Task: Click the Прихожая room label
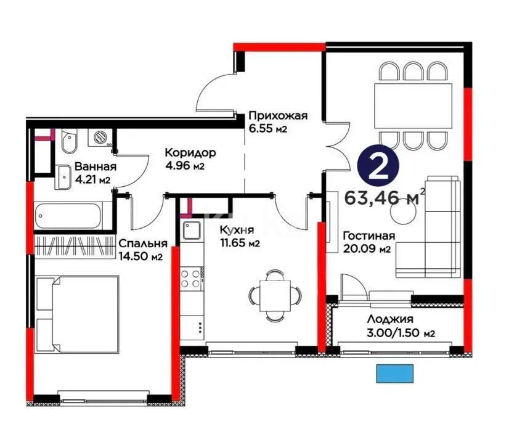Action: (x=277, y=116)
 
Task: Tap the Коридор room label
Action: (x=189, y=153)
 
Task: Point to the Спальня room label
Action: (x=143, y=244)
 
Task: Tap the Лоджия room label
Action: (x=389, y=319)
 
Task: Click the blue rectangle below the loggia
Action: (x=395, y=373)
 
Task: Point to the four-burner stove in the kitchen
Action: (x=191, y=278)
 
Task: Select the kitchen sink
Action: (x=192, y=232)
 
